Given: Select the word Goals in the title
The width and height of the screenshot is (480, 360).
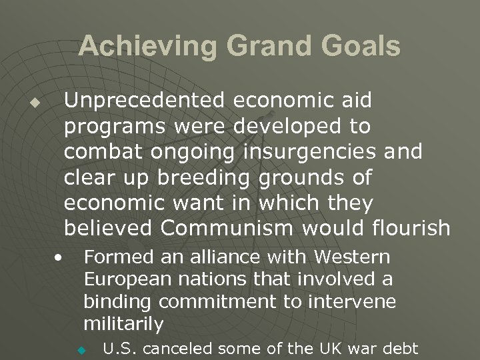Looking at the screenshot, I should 360,47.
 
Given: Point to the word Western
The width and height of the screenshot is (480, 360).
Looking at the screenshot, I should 351,257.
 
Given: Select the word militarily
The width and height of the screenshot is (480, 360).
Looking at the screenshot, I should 123,325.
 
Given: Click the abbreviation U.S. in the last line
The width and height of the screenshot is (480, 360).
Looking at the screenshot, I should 118,347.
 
